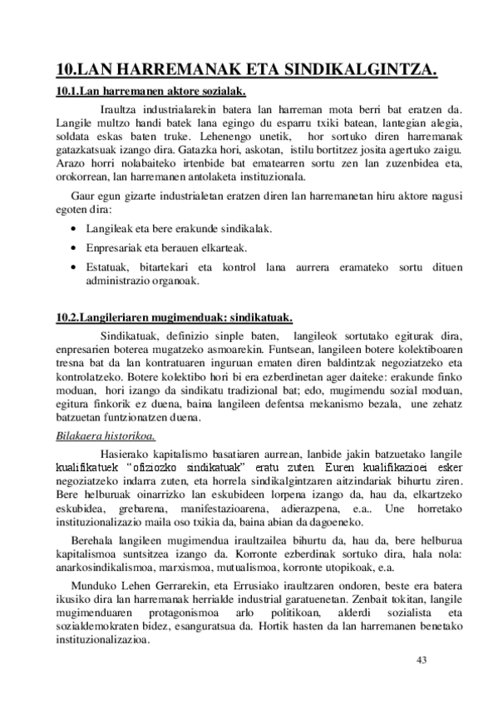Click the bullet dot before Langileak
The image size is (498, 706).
(x=76, y=228)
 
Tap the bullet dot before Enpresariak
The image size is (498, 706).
(x=76, y=247)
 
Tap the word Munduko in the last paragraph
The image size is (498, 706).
(x=92, y=588)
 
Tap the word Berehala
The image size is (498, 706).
(x=94, y=541)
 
